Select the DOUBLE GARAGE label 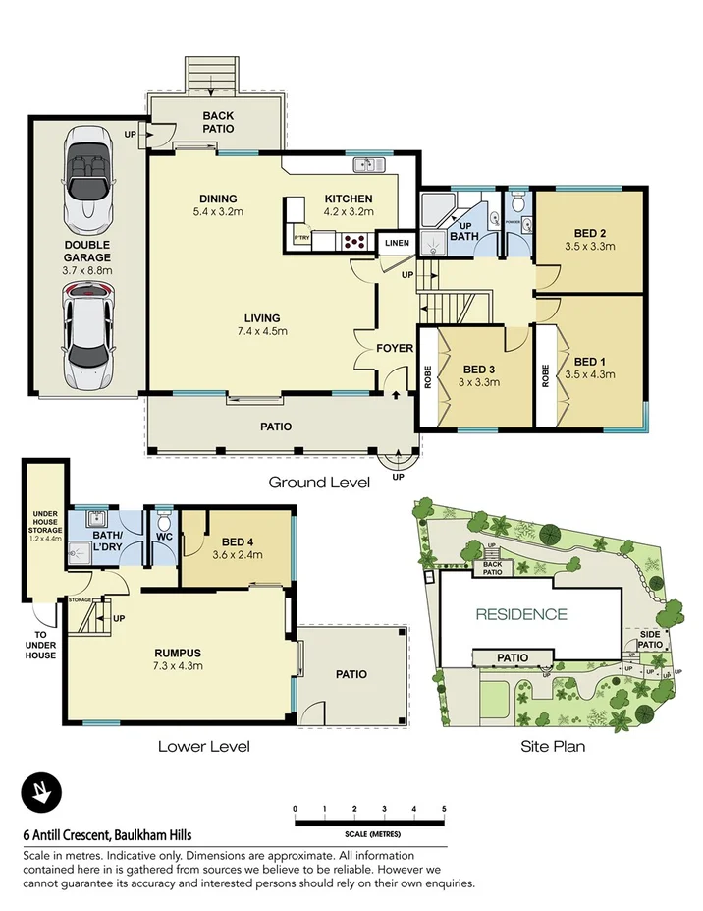(87, 251)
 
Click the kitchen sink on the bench (368, 164)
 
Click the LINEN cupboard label (397, 242)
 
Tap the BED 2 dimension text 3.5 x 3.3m (589, 247)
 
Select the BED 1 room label (589, 361)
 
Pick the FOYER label (395, 349)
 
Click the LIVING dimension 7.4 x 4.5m (263, 331)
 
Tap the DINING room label (218, 199)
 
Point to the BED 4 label (239, 541)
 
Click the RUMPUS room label (178, 652)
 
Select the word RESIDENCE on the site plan (521, 615)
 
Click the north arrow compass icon (42, 792)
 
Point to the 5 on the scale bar (444, 809)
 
